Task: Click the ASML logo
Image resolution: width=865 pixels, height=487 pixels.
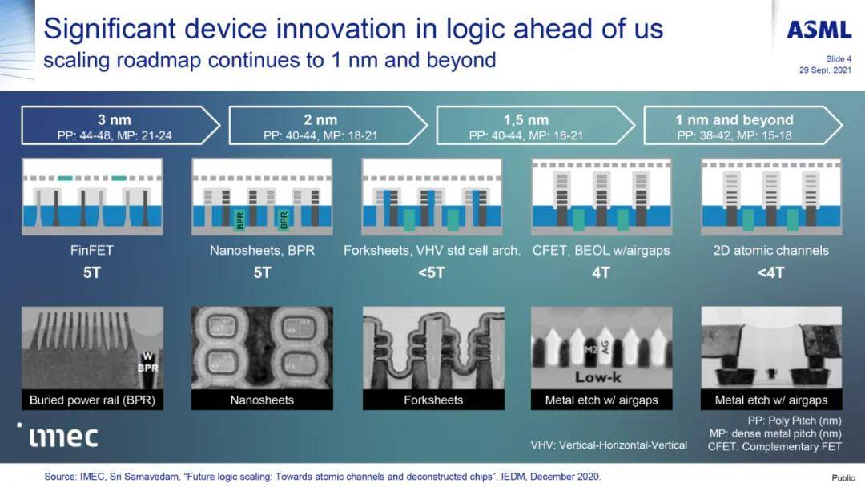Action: click(819, 30)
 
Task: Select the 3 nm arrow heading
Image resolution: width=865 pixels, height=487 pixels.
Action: click(115, 119)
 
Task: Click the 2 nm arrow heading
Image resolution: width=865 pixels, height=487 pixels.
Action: click(320, 119)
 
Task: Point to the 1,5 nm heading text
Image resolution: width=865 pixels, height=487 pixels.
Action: click(525, 119)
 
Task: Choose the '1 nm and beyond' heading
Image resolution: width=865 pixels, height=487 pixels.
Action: click(734, 119)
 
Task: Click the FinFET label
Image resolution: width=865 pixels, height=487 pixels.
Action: click(91, 251)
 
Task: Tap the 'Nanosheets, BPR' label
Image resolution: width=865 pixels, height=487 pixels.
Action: click(262, 251)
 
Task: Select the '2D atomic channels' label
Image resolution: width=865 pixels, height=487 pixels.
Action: click(770, 251)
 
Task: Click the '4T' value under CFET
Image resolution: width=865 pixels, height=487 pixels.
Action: click(601, 272)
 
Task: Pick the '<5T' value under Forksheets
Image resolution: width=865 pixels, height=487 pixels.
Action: click(431, 272)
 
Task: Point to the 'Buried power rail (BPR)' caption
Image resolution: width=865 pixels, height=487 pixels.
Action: click(92, 400)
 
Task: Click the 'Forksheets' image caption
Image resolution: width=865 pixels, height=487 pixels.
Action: click(433, 400)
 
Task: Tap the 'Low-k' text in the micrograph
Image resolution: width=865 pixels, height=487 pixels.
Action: click(597, 377)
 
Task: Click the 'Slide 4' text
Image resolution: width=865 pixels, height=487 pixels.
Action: click(839, 59)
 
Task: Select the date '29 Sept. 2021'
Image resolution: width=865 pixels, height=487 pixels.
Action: click(825, 70)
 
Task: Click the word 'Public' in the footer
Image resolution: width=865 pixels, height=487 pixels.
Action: click(843, 477)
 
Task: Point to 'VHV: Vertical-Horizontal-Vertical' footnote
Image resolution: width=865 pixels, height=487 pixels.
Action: click(609, 445)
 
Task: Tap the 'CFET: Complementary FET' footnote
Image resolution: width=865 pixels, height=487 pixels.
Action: click(774, 447)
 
